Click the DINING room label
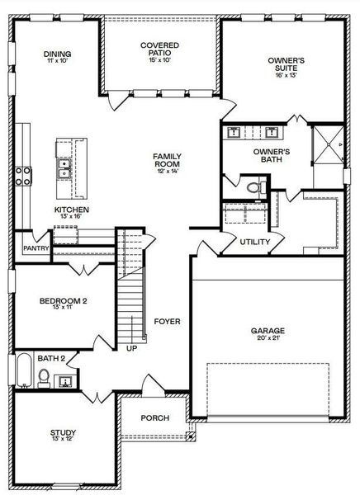58,54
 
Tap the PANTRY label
36,247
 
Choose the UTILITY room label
254,243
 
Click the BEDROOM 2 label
63,302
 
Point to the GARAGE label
267,331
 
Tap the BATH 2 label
50,358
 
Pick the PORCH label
154,418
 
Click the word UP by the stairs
131,349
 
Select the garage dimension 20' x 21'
267,339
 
